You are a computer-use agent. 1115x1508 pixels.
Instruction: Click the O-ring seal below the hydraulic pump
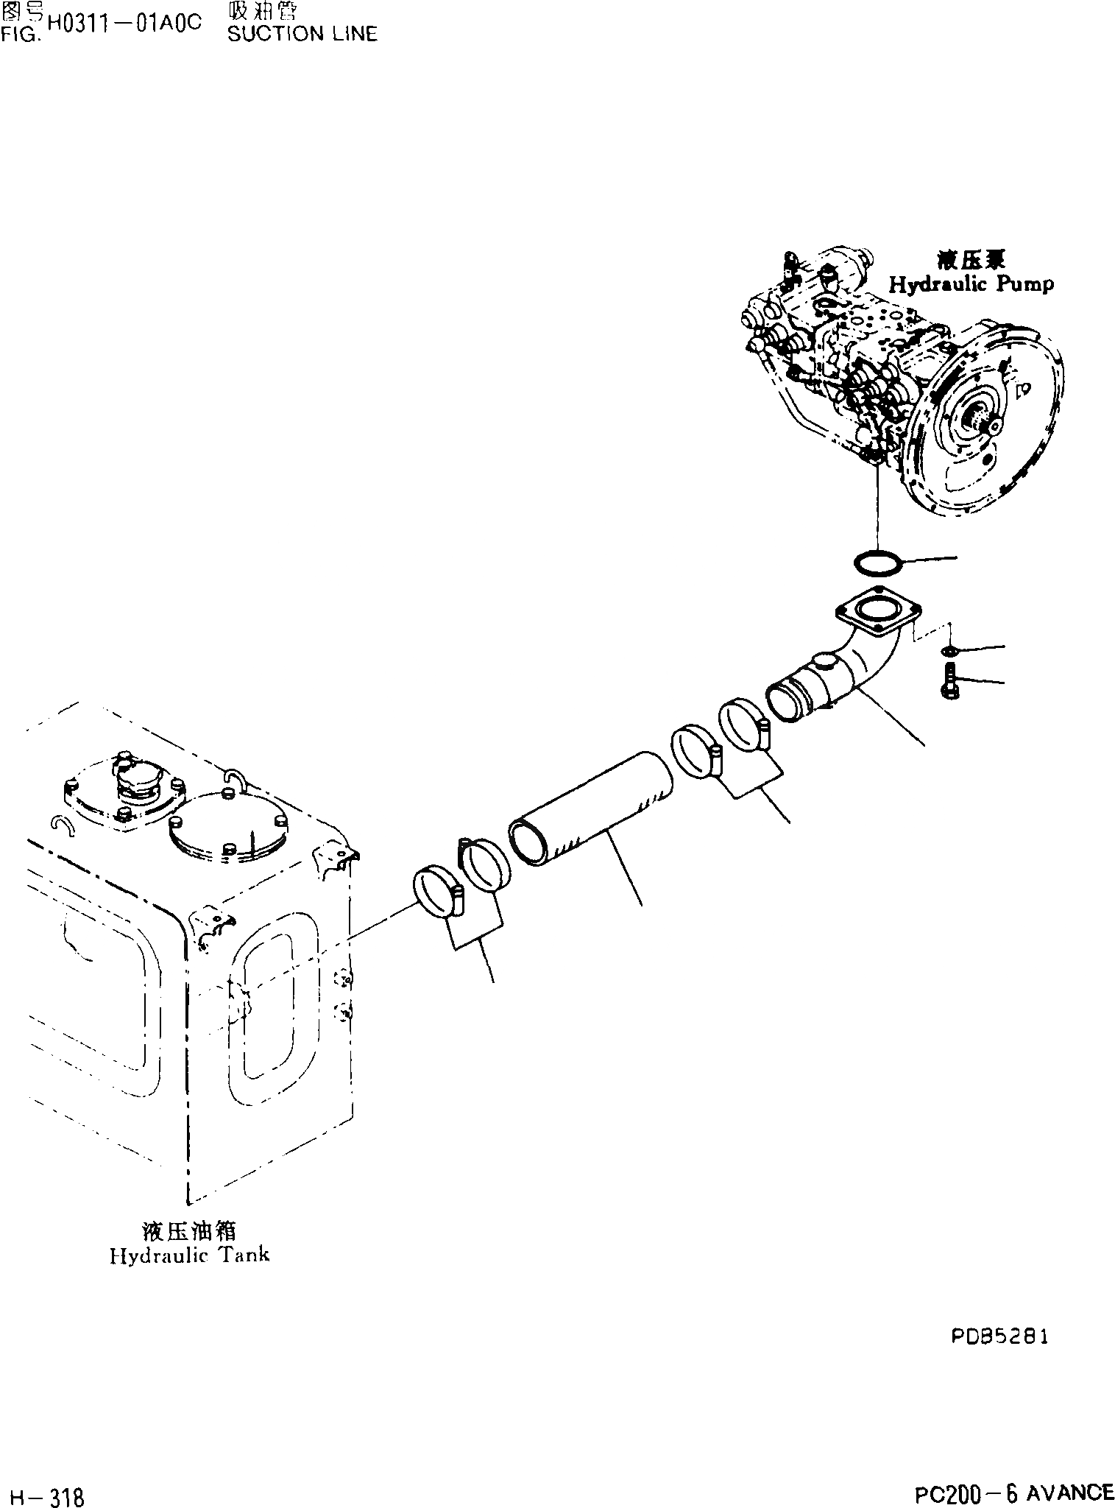[x=878, y=563]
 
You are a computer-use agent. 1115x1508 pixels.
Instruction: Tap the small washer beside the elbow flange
[x=950, y=651]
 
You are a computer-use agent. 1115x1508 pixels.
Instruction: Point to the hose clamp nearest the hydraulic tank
[x=439, y=893]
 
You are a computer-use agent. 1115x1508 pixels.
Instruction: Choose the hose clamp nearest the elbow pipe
[x=744, y=725]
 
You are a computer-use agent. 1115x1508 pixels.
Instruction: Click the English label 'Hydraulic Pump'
[x=971, y=284]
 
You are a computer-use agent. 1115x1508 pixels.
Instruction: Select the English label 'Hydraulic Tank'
[x=189, y=1255]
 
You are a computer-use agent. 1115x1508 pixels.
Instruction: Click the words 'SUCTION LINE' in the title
[x=302, y=34]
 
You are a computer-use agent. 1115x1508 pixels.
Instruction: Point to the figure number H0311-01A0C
[x=124, y=23]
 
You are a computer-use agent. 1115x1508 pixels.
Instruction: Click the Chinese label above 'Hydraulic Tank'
[x=189, y=1230]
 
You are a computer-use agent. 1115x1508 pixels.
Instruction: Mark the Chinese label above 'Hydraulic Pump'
[x=971, y=259]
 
